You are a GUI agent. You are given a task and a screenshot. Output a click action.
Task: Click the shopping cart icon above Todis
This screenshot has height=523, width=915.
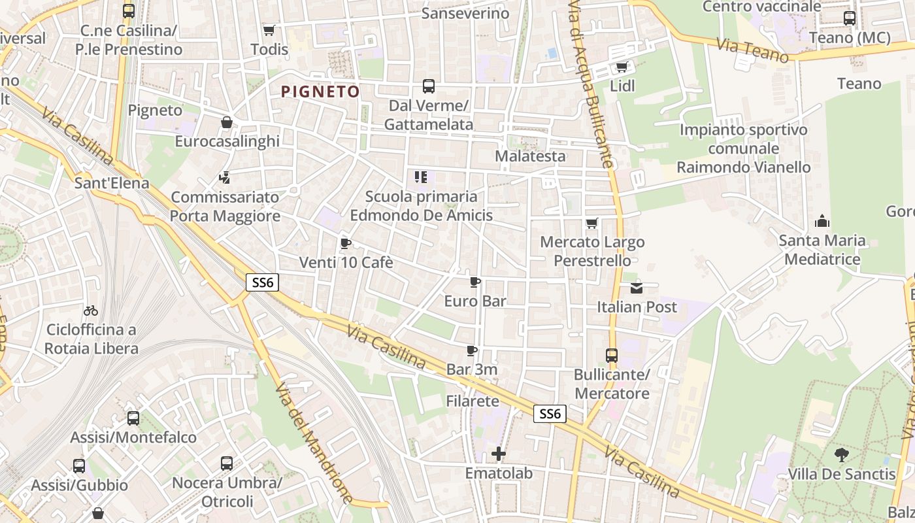(x=269, y=30)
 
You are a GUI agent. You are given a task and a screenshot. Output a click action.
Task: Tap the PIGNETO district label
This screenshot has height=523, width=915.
(x=320, y=92)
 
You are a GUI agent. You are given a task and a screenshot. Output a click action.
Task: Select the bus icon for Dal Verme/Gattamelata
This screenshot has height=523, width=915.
(x=429, y=86)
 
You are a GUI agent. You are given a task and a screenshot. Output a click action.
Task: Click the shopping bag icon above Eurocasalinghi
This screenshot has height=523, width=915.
(x=227, y=122)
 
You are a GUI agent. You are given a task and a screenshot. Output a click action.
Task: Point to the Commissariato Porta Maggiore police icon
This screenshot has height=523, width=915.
(x=225, y=177)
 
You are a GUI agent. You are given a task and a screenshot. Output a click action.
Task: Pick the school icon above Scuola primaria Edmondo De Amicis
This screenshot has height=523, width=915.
(x=421, y=177)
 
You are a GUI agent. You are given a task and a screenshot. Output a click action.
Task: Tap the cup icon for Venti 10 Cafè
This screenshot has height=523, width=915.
(x=346, y=244)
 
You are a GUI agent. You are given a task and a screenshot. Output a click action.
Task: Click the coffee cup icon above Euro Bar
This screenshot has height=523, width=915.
(x=475, y=282)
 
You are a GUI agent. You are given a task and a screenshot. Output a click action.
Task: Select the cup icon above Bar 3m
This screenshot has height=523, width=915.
(x=472, y=351)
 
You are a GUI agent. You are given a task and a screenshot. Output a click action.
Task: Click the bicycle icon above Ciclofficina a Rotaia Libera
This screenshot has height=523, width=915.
(x=91, y=311)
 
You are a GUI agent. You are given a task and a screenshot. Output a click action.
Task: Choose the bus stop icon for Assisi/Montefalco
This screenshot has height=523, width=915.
(x=133, y=418)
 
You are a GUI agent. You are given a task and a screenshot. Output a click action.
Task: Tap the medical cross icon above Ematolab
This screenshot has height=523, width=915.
(x=499, y=454)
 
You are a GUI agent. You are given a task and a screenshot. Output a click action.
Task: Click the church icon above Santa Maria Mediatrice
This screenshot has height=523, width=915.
(x=822, y=222)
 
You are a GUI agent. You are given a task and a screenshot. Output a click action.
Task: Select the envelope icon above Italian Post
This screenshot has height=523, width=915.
(x=637, y=288)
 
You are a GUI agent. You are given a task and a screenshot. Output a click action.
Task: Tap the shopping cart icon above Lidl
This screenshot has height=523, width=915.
(x=622, y=67)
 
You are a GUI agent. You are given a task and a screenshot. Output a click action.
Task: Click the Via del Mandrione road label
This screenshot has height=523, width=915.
(x=313, y=443)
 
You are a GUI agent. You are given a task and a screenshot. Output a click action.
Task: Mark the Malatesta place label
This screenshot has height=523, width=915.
(x=530, y=156)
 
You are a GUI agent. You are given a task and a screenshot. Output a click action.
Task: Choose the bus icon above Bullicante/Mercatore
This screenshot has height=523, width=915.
(x=612, y=356)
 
